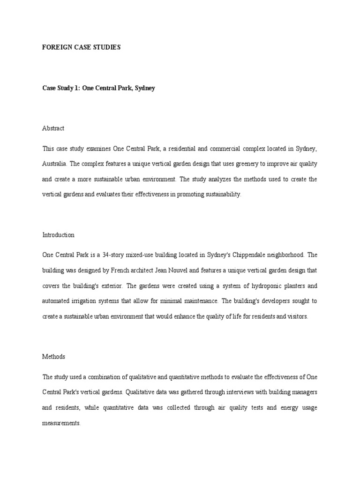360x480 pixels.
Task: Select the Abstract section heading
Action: [53, 128]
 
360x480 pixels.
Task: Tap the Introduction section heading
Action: [58, 235]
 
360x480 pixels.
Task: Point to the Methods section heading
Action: [53, 356]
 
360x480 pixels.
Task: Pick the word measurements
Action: [61, 422]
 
